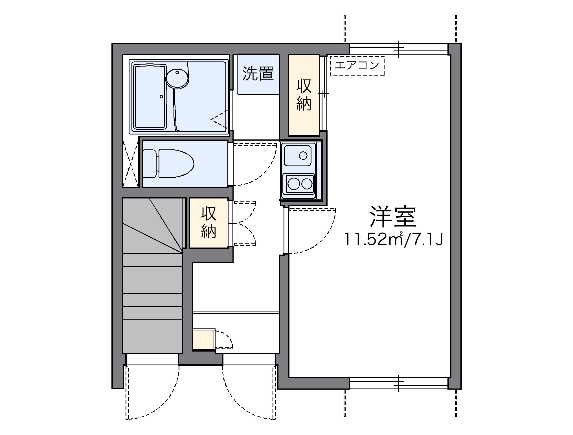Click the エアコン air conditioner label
357,65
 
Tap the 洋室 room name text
393,217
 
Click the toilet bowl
175,164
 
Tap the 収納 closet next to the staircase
209,223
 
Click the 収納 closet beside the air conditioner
304,95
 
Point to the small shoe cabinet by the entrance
203,339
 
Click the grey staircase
152,282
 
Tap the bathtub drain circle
161,97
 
